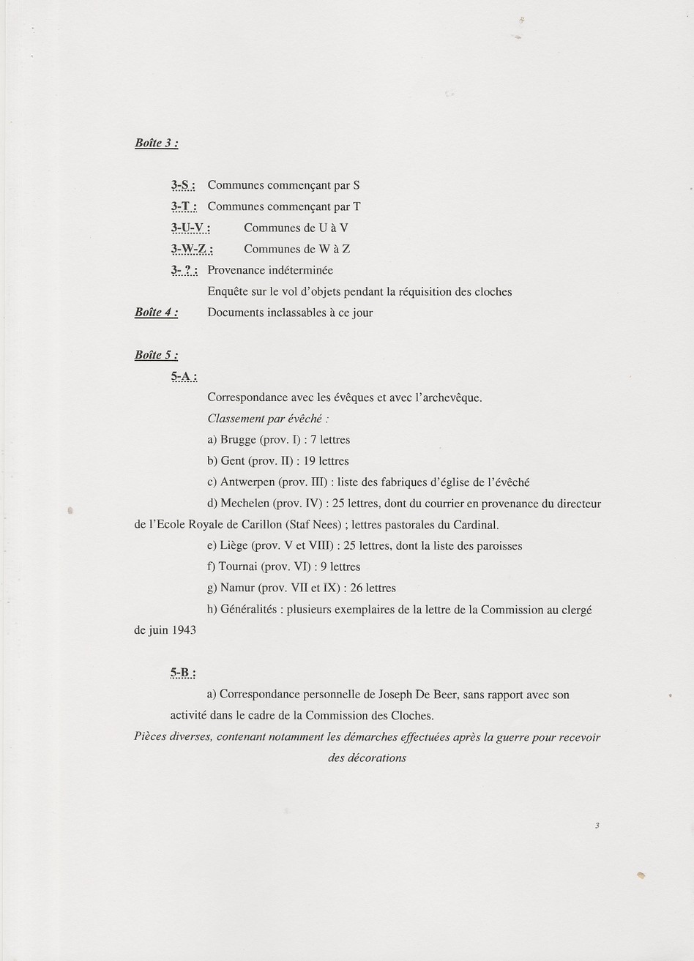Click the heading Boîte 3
[x=156, y=143]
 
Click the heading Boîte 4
[x=156, y=313]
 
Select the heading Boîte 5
[x=156, y=355]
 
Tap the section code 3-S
[x=183, y=186]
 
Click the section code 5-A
[x=184, y=377]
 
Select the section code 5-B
[x=183, y=673]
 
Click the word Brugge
[x=238, y=441]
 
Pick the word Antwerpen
[x=247, y=482]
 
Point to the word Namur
[x=236, y=588]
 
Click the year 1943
[x=184, y=630]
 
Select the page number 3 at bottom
[x=597, y=826]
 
